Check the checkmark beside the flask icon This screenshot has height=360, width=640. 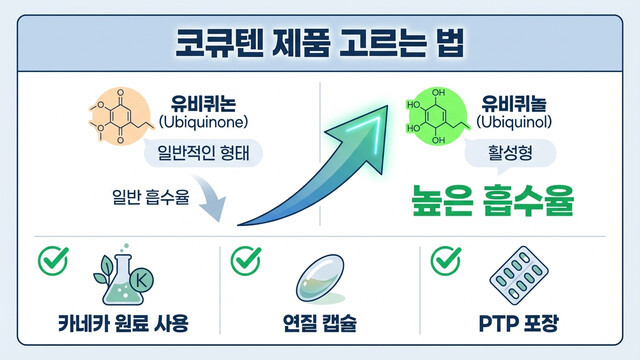50,259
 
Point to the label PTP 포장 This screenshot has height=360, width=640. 522,326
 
